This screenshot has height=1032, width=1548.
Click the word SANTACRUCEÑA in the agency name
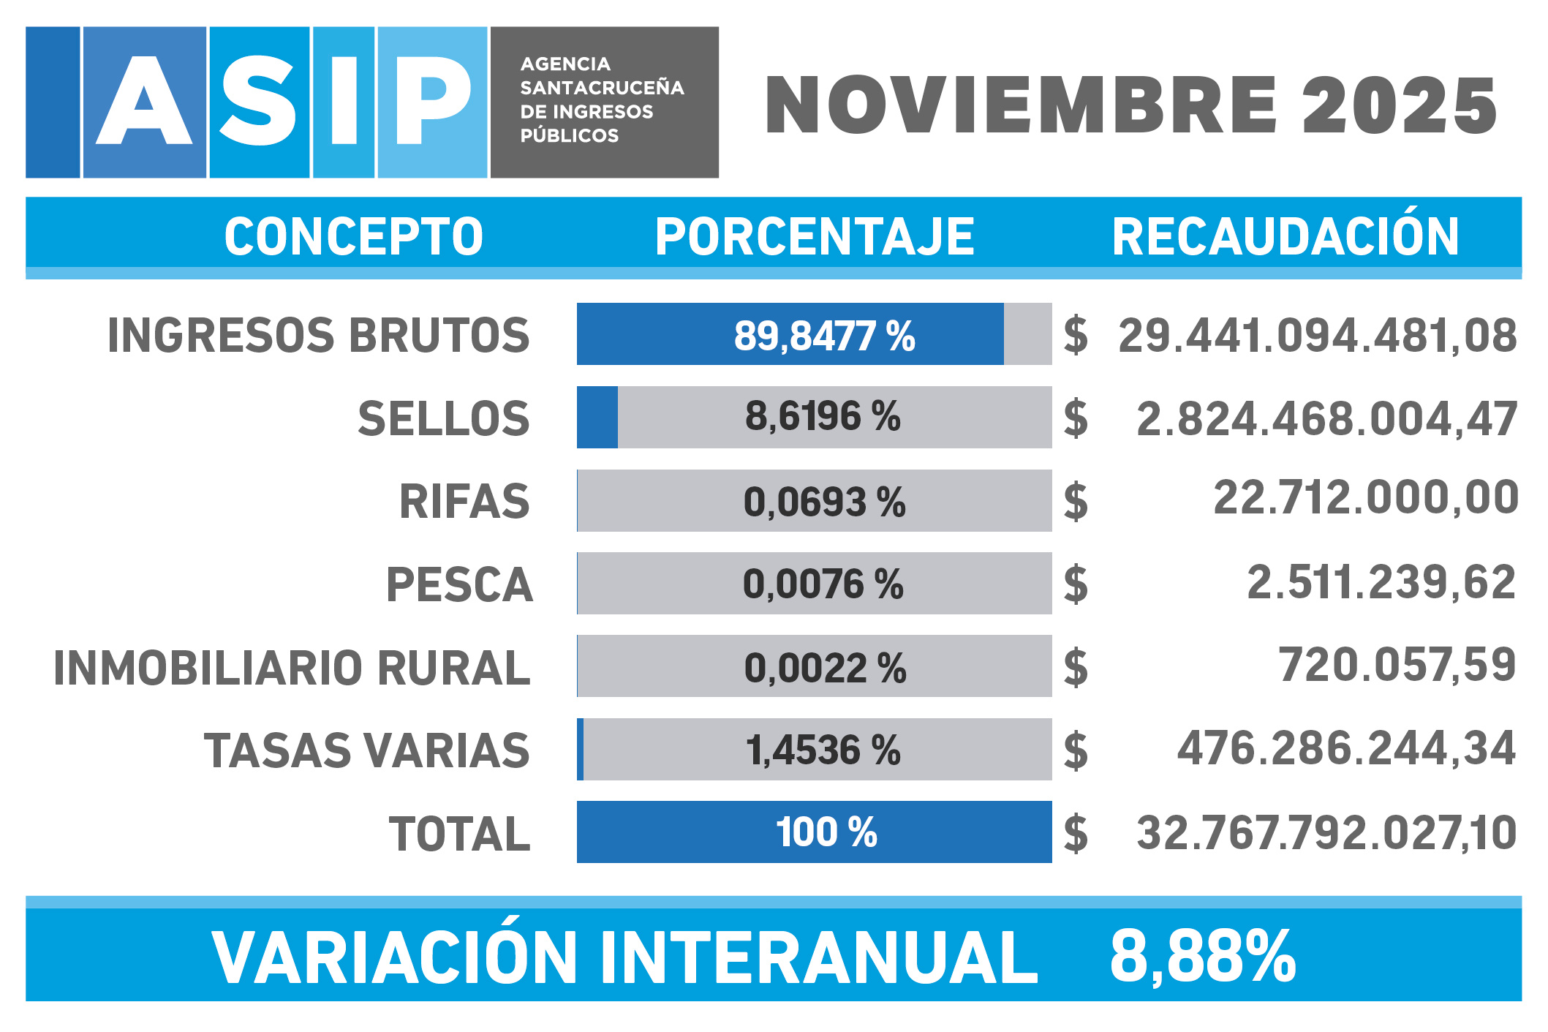click(602, 88)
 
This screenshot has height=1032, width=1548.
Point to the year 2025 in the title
click(1400, 107)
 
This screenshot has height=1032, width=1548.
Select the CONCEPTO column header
click(353, 237)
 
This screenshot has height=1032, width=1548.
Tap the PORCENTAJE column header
click(815, 237)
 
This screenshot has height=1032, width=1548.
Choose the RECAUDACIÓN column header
click(1285, 237)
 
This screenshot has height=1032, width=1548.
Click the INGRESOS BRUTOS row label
click(318, 336)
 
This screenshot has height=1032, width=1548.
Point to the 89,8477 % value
click(824, 336)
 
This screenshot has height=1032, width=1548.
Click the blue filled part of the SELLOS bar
click(597, 417)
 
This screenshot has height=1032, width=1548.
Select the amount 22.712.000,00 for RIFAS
click(1365, 498)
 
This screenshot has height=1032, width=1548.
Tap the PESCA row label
click(459, 585)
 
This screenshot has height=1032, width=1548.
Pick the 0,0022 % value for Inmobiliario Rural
click(825, 668)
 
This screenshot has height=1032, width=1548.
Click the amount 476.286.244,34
click(1346, 749)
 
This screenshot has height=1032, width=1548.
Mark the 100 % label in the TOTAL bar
click(826, 832)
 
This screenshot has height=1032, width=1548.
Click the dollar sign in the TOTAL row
click(1076, 834)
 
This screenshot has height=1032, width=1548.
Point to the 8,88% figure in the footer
click(1202, 957)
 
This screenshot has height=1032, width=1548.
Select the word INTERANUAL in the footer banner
click(819, 957)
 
